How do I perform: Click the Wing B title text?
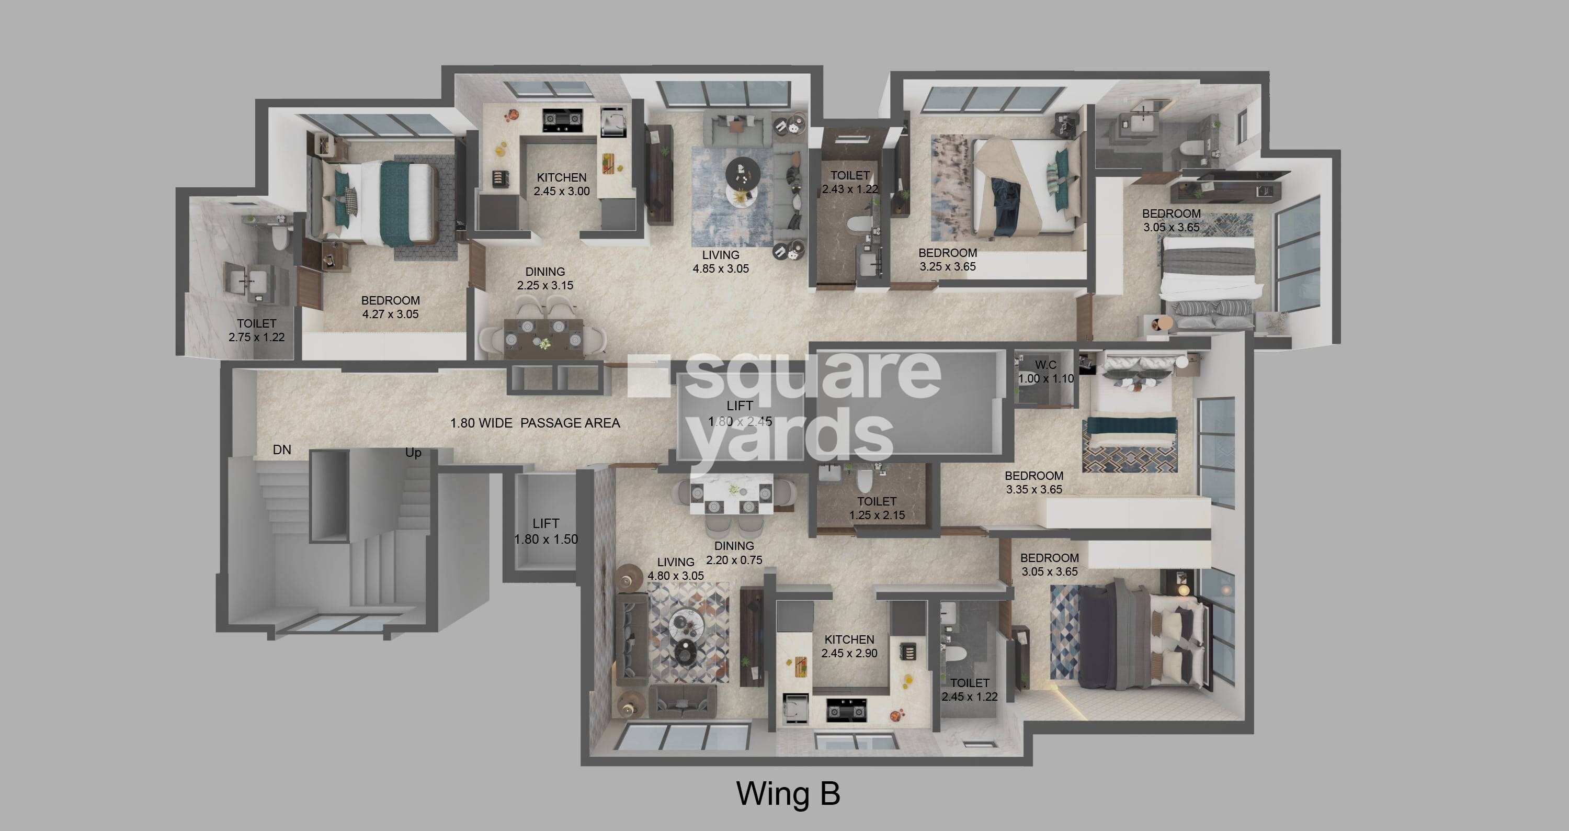788,794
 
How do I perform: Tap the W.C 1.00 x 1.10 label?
1046,372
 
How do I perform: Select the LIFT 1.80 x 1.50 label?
545,531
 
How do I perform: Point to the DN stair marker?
282,450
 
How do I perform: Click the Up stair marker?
413,453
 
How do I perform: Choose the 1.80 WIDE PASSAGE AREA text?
535,423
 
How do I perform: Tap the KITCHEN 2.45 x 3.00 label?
562,184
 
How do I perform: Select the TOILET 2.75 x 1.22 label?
256,330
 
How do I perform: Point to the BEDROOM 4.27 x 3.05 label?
391,307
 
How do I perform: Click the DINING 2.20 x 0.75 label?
734,553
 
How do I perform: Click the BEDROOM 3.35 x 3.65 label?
1033,482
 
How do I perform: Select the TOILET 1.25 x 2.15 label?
877,508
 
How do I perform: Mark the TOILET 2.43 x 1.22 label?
850,182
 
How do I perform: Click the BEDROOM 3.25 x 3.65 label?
947,260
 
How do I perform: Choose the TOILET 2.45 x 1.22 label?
969,690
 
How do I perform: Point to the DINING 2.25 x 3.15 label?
545,278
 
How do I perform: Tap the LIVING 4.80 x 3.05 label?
676,568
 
